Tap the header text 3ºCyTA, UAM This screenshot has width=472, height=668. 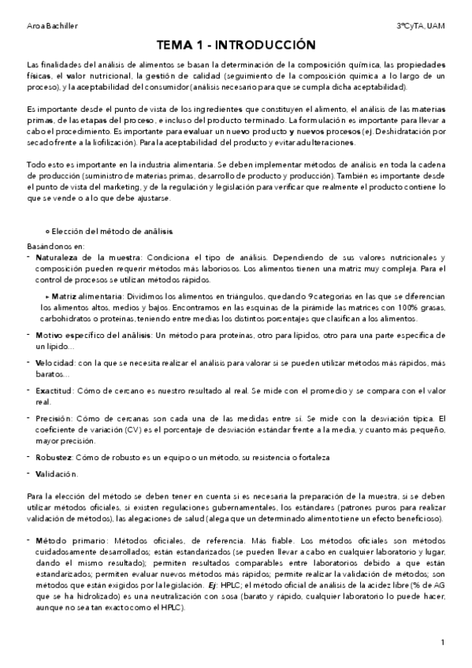421,25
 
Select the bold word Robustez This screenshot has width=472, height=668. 54,457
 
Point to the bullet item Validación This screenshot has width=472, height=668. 58,473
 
